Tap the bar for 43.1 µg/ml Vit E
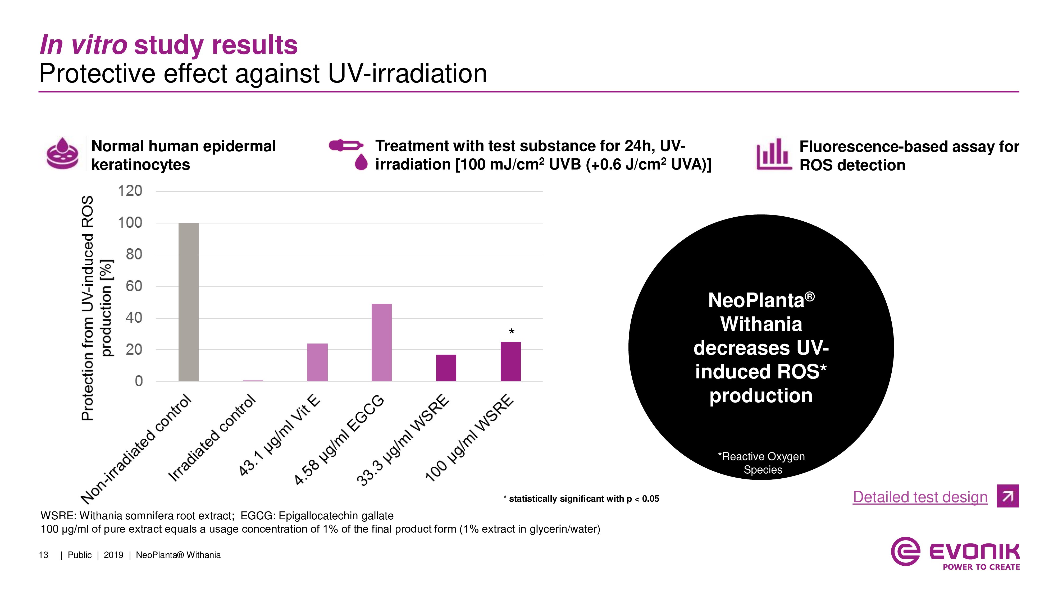317,362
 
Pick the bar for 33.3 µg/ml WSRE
446,368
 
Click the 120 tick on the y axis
130,191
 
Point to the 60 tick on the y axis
134,286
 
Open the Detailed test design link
920,497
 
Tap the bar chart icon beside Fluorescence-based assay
773,154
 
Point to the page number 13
44,555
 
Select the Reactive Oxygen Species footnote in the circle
762,463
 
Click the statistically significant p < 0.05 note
581,499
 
